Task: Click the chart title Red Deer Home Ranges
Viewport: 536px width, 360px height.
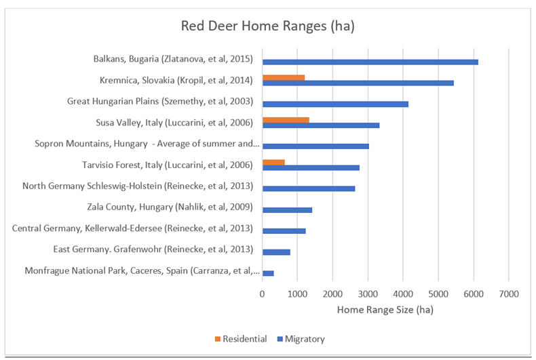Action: click(x=268, y=26)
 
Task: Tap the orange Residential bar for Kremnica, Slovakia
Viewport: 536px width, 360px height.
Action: click(x=283, y=77)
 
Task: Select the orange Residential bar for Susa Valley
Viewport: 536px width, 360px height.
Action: click(x=286, y=120)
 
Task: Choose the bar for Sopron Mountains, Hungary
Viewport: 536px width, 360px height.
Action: click(x=315, y=146)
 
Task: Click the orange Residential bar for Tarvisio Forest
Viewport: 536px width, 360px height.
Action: click(x=273, y=162)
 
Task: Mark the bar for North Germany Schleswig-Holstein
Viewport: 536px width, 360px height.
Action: click(x=308, y=188)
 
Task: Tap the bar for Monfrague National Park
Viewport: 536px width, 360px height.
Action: click(x=268, y=273)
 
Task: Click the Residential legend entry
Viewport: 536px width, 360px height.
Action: click(x=238, y=338)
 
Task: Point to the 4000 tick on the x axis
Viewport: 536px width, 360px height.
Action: click(x=403, y=294)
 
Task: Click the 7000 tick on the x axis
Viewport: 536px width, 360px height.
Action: click(x=509, y=294)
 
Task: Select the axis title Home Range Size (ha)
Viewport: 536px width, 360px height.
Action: click(x=385, y=310)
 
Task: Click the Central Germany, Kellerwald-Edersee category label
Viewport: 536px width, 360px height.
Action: click(x=132, y=228)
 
